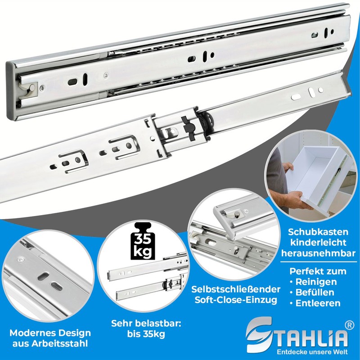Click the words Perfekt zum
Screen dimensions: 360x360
pyautogui.click(x=318, y=271)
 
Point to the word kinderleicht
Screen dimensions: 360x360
pyautogui.click(x=314, y=242)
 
